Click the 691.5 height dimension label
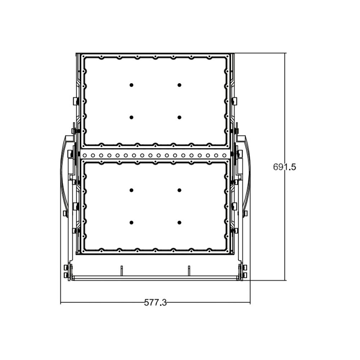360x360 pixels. (284, 167)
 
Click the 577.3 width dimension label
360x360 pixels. (156, 303)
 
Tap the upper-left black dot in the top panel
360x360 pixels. (131, 85)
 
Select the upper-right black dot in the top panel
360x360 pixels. (179, 85)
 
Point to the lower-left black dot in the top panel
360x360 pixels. (131, 117)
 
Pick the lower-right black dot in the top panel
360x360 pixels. (179, 117)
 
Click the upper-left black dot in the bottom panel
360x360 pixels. (131, 190)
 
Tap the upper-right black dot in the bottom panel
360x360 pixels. (179, 190)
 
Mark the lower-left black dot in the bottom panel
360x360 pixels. (131, 222)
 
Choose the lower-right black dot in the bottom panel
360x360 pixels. (179, 222)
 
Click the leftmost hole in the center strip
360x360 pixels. (85, 156)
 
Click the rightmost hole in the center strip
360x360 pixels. (225, 156)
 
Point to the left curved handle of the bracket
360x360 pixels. (62, 173)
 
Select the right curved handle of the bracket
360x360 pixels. (248, 173)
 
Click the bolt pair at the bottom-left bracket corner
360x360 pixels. (66, 271)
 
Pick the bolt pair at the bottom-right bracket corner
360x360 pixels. (245, 271)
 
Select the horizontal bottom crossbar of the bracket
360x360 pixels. (155, 278)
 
